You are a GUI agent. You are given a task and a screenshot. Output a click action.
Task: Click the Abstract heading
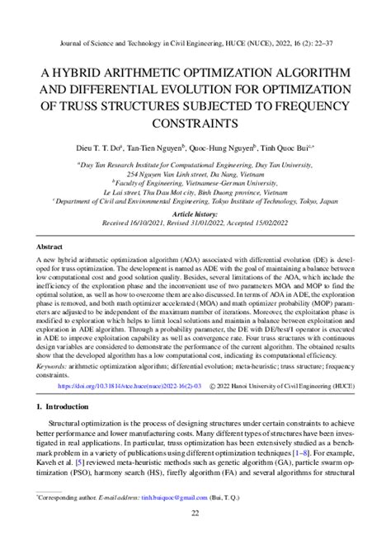(54, 246)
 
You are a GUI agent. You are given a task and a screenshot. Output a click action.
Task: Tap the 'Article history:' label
(195, 213)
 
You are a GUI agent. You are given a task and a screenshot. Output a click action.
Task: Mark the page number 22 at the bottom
(195, 514)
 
